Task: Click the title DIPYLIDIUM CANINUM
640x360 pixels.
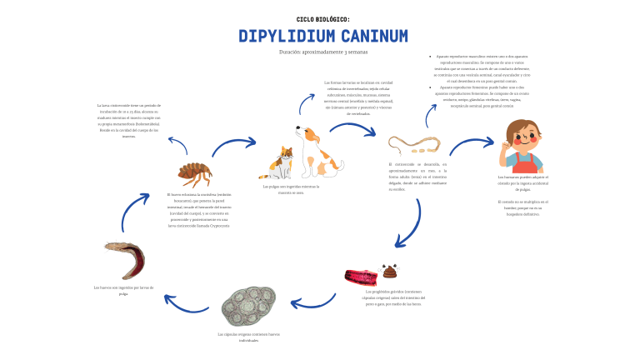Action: (x=323, y=36)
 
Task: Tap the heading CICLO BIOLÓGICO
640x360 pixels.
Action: (x=323, y=18)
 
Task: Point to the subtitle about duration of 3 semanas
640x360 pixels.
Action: (x=323, y=52)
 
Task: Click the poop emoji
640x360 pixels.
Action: (x=389, y=272)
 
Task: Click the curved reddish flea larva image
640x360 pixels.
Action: (x=124, y=259)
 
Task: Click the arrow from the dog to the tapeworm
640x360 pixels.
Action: (x=352, y=129)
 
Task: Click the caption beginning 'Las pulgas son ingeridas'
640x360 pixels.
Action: (x=291, y=189)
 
